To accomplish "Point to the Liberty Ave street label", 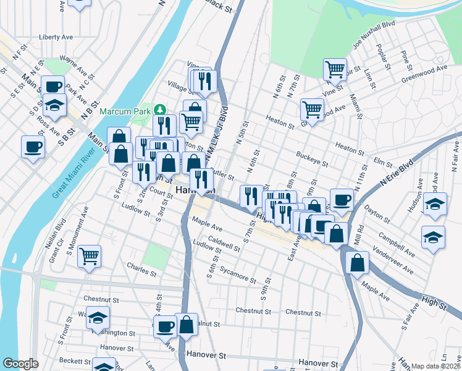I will click(x=56, y=37).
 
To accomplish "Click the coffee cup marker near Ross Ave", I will click(x=32, y=147).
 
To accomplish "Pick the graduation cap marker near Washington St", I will click(x=98, y=317).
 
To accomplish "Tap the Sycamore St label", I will click(x=238, y=276).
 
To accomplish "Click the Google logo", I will click(x=20, y=364).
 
